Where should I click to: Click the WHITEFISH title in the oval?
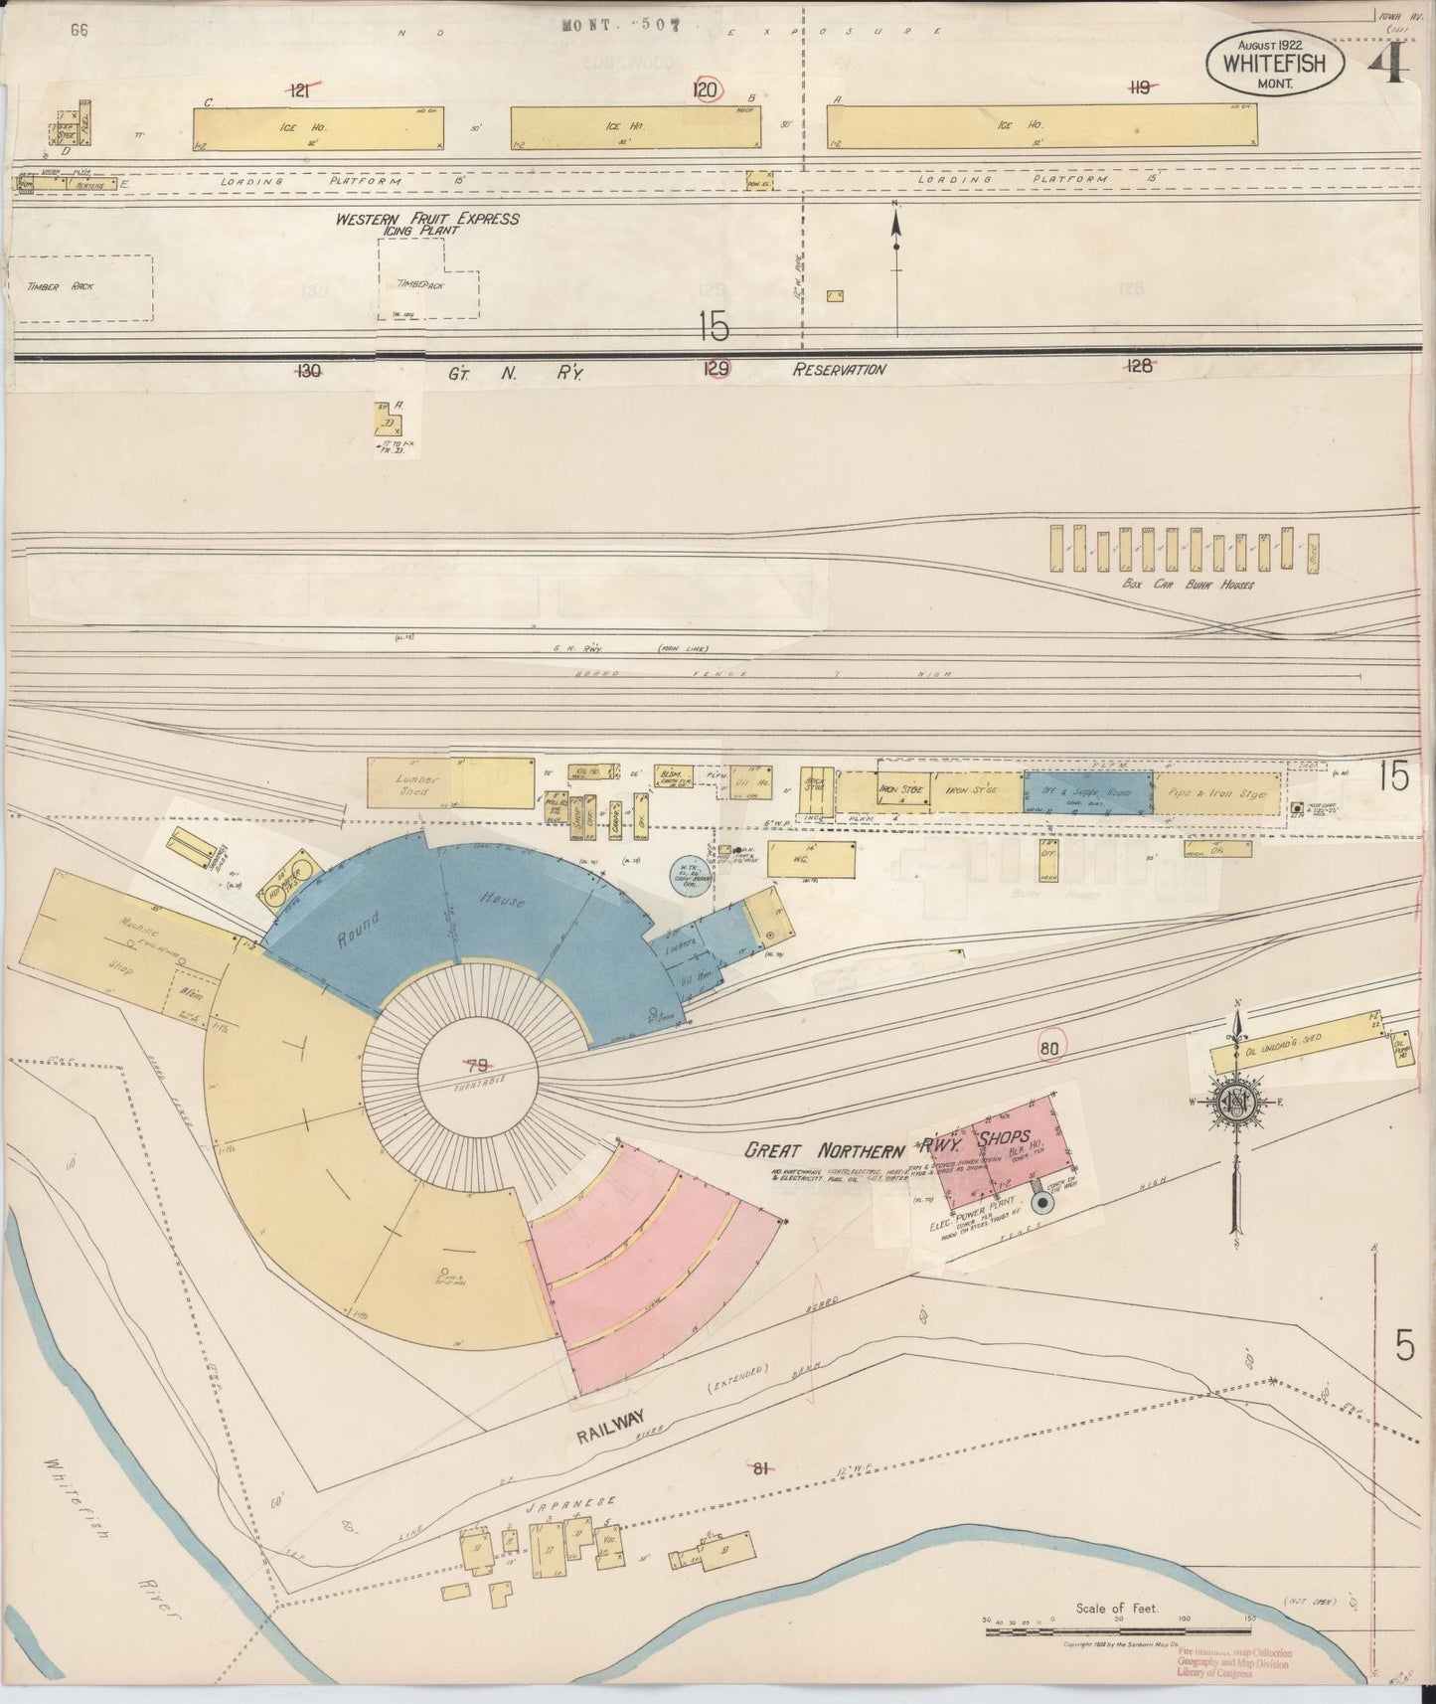(x=1276, y=64)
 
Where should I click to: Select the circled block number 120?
(x=707, y=90)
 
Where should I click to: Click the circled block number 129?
(x=716, y=369)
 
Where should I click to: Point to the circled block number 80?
(x=1049, y=1047)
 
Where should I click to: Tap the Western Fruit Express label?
(x=427, y=218)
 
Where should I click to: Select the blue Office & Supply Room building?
(x=1087, y=792)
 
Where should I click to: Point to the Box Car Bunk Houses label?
(x=1187, y=585)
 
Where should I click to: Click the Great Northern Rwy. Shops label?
(x=887, y=1145)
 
